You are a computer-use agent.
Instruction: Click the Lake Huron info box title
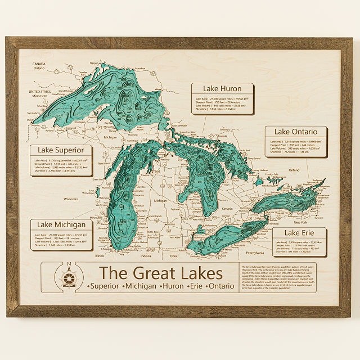coord(223,89)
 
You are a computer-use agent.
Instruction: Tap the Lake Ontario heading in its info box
coord(296,132)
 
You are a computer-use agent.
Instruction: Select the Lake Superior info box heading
coord(61,150)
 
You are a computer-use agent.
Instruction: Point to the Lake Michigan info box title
coord(61,225)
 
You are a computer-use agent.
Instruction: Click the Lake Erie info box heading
coord(299,232)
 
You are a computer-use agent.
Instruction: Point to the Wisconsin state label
coord(71,199)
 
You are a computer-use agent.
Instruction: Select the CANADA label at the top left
coord(39,64)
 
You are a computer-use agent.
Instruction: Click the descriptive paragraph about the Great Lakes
coord(278,277)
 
